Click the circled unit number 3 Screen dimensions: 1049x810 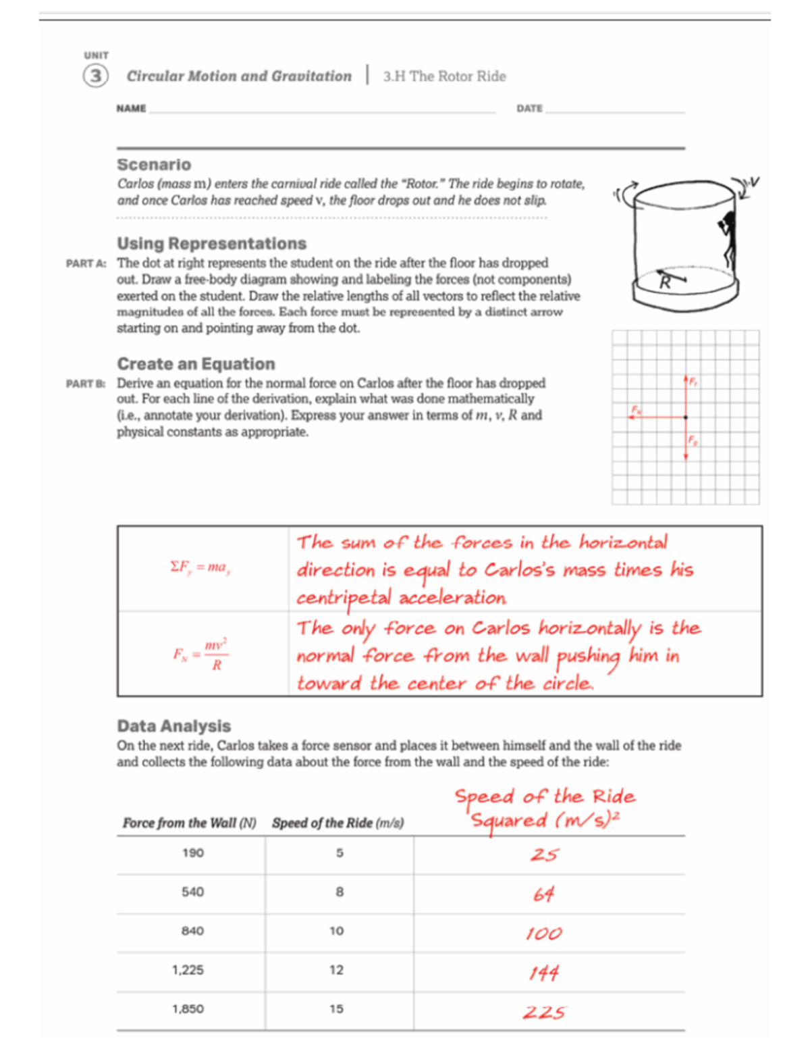[x=95, y=76]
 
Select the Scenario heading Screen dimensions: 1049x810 [x=154, y=164]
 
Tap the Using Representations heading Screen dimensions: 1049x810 [x=211, y=243]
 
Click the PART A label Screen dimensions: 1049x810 [x=86, y=263]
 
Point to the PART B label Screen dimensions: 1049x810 [x=86, y=384]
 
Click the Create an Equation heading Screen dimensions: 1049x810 [x=196, y=363]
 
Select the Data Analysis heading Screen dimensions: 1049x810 [x=173, y=725]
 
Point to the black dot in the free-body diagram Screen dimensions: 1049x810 [x=686, y=417]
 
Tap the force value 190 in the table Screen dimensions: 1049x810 [x=192, y=853]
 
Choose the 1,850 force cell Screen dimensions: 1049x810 [x=188, y=1009]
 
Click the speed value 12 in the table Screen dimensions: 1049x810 [x=336, y=970]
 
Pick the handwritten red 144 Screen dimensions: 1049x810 [x=544, y=973]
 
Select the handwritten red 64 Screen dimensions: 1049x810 [x=543, y=894]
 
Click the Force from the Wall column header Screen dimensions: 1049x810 [x=189, y=823]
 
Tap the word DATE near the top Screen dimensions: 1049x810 [x=529, y=108]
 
